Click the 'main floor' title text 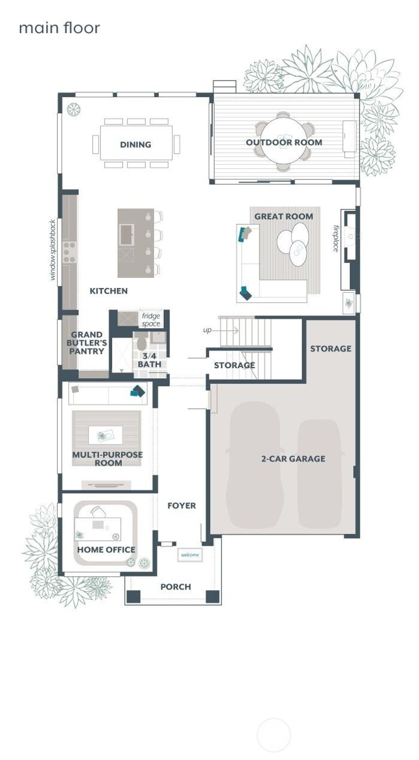click(59, 28)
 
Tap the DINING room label click(135, 144)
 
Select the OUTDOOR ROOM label click(284, 142)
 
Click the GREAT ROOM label click(284, 216)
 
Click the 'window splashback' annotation click(52, 250)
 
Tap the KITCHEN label click(108, 291)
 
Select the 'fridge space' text click(151, 320)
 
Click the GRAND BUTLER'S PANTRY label click(86, 343)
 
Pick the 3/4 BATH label click(149, 360)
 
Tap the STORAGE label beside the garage click(331, 349)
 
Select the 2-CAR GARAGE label click(293, 459)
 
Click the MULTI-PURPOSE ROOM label click(108, 459)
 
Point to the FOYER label click(182, 506)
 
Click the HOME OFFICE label click(106, 550)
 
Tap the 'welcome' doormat click(190, 555)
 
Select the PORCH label click(176, 587)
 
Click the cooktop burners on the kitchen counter click(70, 252)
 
